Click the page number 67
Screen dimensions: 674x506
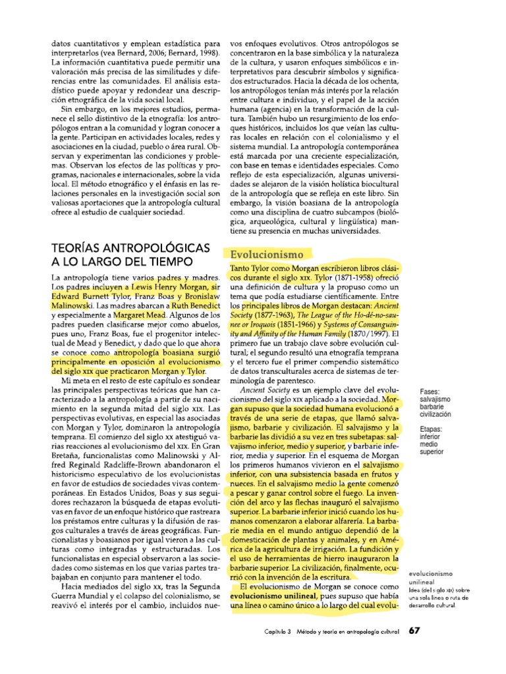[414, 630]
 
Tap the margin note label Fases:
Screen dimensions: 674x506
[430, 391]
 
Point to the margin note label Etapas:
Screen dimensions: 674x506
[431, 428]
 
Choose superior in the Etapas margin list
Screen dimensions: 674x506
[432, 452]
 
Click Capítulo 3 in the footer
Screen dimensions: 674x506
[274, 631]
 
